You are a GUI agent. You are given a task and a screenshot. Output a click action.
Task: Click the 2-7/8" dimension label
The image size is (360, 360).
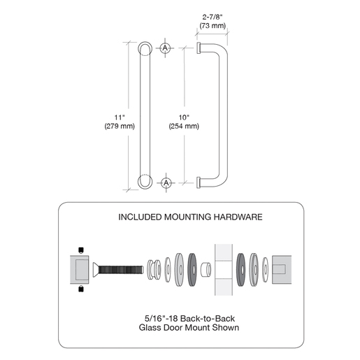213,17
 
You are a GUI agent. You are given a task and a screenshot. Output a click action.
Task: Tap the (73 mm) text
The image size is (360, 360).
213,25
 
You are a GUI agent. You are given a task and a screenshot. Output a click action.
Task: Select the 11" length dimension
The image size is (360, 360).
120,117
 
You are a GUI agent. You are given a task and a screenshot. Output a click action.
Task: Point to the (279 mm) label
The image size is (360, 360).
120,126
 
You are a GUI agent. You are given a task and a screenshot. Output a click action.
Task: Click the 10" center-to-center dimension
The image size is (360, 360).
184,117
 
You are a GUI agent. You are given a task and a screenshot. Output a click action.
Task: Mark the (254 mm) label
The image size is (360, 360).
184,126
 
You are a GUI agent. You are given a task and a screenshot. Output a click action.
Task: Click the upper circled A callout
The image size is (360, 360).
165,48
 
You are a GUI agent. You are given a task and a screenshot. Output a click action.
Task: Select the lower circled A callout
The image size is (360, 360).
166,182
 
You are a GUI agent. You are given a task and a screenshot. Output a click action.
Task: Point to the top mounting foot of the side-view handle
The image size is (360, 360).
199,48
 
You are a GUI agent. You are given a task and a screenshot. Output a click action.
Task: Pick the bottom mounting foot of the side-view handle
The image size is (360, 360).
199,182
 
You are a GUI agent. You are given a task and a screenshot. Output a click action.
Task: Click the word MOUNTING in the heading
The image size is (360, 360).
188,217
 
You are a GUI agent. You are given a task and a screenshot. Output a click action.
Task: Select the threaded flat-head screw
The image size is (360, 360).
118,270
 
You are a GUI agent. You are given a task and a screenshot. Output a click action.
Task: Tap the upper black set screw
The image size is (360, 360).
81,250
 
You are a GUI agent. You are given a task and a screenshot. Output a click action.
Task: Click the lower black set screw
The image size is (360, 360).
81,289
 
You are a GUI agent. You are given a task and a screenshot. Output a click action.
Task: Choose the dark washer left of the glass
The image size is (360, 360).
192,270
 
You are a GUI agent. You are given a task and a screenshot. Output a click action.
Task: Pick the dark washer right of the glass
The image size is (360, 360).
240,270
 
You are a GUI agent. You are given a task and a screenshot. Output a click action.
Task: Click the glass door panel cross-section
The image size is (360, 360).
224,270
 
